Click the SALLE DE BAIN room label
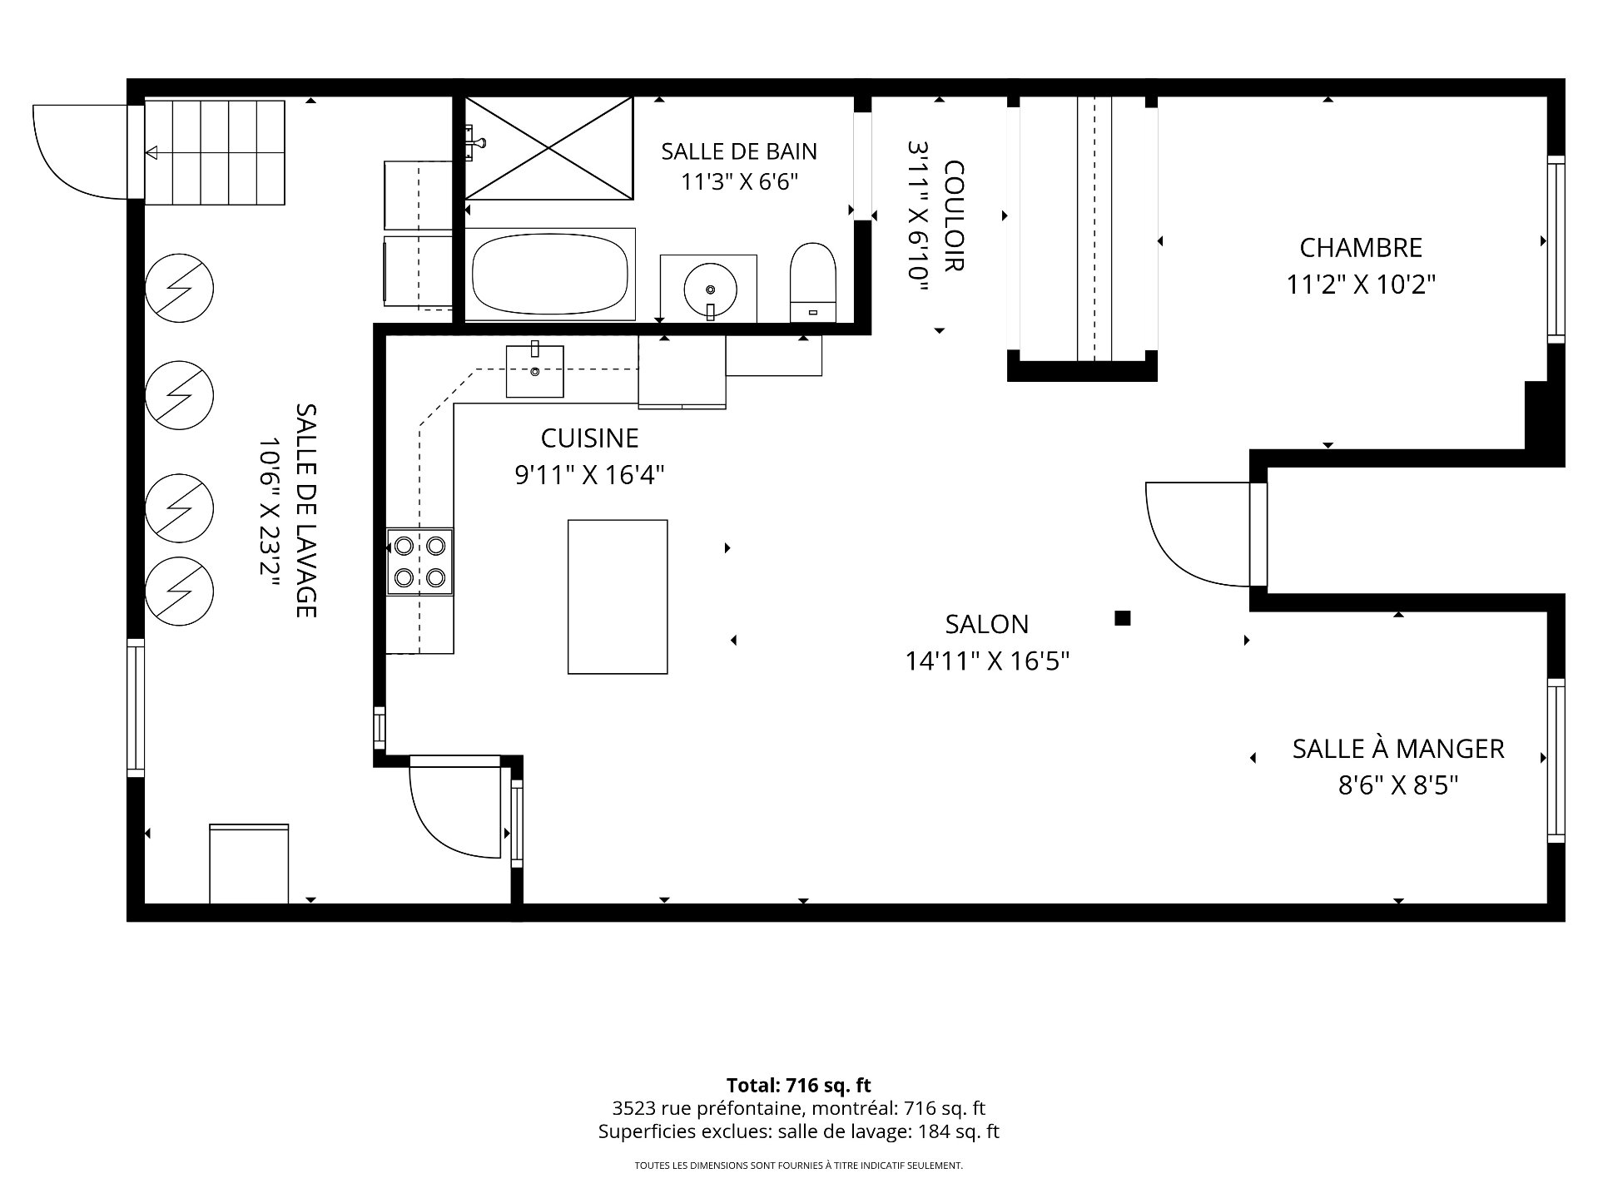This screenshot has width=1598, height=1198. pos(739,151)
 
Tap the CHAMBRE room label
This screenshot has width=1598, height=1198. pos(1361,248)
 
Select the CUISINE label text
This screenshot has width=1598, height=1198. pos(589,438)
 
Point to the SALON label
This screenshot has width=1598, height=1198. pos(987,624)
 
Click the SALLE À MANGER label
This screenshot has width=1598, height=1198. pos(1398,749)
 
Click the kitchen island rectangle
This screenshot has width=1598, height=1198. pos(618,597)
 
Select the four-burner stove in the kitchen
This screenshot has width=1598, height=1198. pos(420,562)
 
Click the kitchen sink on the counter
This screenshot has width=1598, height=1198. pos(535,371)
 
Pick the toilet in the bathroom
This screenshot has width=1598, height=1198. pos(812,282)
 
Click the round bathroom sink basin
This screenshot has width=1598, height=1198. pos(710,290)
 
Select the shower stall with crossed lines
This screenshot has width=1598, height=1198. pos(549,148)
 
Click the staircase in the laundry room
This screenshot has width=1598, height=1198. pos(216,152)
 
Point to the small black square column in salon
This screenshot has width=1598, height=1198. pos(1123,617)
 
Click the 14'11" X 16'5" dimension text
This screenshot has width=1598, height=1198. pos(987,661)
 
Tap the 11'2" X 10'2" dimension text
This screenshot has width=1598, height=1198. pos(1361,285)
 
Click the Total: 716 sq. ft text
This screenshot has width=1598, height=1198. pos(799,1085)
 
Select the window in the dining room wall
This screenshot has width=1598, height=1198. pos(1556,760)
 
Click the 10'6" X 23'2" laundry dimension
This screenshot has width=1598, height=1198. pos(269,511)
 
